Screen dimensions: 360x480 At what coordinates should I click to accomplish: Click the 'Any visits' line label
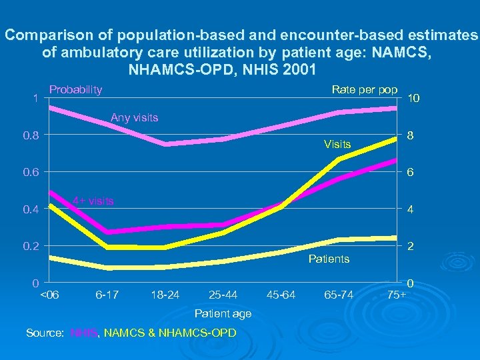(134, 118)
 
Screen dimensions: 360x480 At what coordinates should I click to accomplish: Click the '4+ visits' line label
(93, 201)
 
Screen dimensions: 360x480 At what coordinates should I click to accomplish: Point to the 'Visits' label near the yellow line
(337, 144)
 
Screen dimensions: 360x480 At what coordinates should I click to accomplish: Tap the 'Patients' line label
(329, 259)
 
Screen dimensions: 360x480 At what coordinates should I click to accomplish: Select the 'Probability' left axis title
(76, 89)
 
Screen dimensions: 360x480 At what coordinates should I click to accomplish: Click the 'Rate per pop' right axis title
(365, 90)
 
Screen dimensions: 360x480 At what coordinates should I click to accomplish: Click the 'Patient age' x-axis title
(223, 313)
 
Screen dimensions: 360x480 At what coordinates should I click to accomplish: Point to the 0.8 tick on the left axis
(31, 136)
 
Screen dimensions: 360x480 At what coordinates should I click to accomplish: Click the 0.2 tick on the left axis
(31, 246)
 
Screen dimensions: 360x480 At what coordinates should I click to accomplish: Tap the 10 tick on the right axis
(414, 99)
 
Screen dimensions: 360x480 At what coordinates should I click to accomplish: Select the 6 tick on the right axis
(411, 173)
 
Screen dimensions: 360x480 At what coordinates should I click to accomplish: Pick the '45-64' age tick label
(281, 294)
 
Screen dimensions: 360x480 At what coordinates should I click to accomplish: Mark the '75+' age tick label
(395, 294)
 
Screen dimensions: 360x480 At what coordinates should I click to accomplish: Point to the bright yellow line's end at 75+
(397, 138)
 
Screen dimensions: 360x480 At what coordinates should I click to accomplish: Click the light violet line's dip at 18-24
(165, 143)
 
